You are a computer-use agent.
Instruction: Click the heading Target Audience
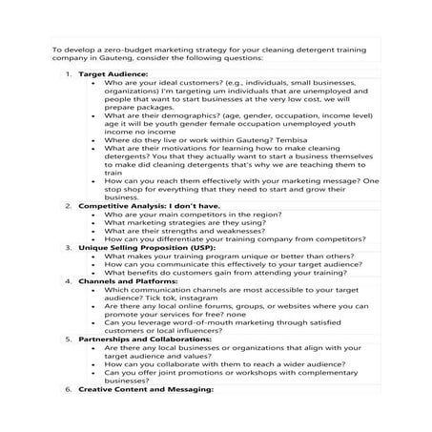point(113,73)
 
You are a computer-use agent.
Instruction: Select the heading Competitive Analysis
point(118,205)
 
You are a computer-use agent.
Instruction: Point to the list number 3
point(68,246)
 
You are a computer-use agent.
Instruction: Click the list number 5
point(68,338)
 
